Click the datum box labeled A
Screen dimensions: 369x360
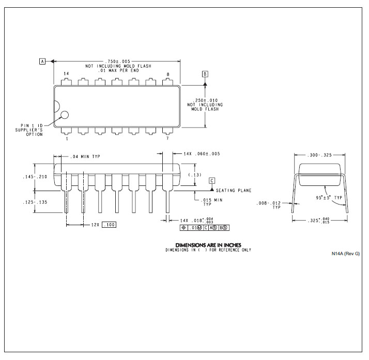(x=42, y=61)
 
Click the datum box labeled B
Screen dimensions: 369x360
(x=205, y=74)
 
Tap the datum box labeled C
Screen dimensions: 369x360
(x=212, y=181)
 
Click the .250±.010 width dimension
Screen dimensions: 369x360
(x=205, y=100)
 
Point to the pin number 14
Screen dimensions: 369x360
(x=66, y=73)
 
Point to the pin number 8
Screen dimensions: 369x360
(x=168, y=74)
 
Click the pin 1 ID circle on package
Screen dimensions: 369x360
(x=65, y=115)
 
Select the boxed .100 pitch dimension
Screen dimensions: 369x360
(x=109, y=225)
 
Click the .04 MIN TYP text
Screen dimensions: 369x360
(x=85, y=156)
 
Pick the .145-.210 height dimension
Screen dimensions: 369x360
(x=35, y=177)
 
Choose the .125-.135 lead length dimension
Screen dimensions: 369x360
(x=35, y=202)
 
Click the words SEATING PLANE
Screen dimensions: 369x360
(x=234, y=191)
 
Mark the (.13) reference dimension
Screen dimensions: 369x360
(x=195, y=175)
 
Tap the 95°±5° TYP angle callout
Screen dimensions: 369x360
(x=329, y=197)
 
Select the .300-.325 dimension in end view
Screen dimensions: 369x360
(x=319, y=155)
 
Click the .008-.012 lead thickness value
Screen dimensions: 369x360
(x=269, y=203)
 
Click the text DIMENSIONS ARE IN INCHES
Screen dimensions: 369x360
(x=208, y=245)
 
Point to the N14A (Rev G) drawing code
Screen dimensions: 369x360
(x=346, y=254)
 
